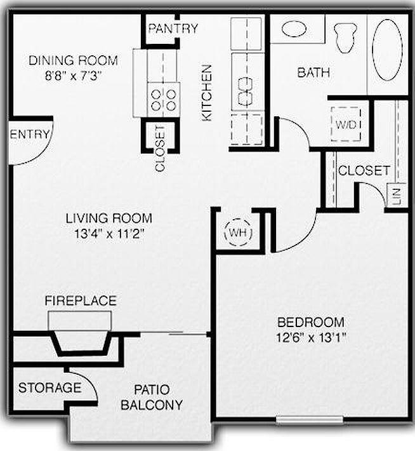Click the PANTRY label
[173, 29]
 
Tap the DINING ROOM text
[74, 61]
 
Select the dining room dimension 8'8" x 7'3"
[74, 75]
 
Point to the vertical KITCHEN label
[206, 93]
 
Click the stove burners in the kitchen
[163, 99]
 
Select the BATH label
[313, 72]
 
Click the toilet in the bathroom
[345, 35]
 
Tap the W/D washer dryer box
[346, 125]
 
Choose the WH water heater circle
[238, 232]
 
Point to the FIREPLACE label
[80, 300]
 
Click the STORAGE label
[49, 387]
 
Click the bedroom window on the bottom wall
[310, 420]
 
